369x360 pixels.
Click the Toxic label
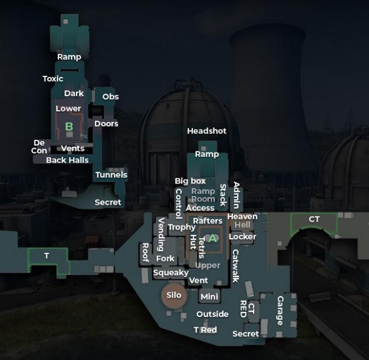point(53,79)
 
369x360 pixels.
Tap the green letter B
point(69,127)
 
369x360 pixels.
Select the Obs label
point(110,97)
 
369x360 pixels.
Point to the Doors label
point(107,123)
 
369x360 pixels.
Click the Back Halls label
point(67,160)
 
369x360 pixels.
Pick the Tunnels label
point(112,175)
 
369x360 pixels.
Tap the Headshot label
point(207,131)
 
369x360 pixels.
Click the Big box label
point(190,181)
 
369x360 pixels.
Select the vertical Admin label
point(237,195)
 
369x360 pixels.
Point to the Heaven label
point(242,216)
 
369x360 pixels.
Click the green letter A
point(213,238)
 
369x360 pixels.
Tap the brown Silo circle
point(174,296)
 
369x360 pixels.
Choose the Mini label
point(209,297)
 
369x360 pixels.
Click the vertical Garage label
point(280,311)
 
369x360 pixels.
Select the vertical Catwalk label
point(236,266)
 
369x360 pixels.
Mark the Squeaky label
point(171,273)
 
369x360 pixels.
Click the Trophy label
point(181,227)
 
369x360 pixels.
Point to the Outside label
point(213,314)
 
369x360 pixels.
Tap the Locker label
point(242,237)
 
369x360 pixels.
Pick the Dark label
point(74,93)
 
